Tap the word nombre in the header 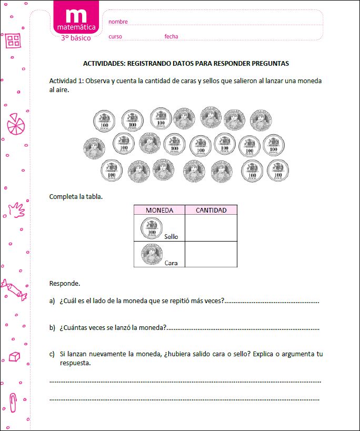coord(118,22)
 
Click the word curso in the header coord(115,36)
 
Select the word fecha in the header coord(171,36)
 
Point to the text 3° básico coord(76,38)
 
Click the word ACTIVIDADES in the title coord(103,63)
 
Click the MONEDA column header coord(159,210)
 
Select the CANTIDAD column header coord(211,210)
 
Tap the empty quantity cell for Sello coord(211,228)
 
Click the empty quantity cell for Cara coord(211,254)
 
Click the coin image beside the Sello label coord(152,228)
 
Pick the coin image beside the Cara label coord(152,254)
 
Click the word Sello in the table coord(171,237)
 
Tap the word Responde coord(65,283)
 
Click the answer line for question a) coord(272,302)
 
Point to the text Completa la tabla coord(76,197)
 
